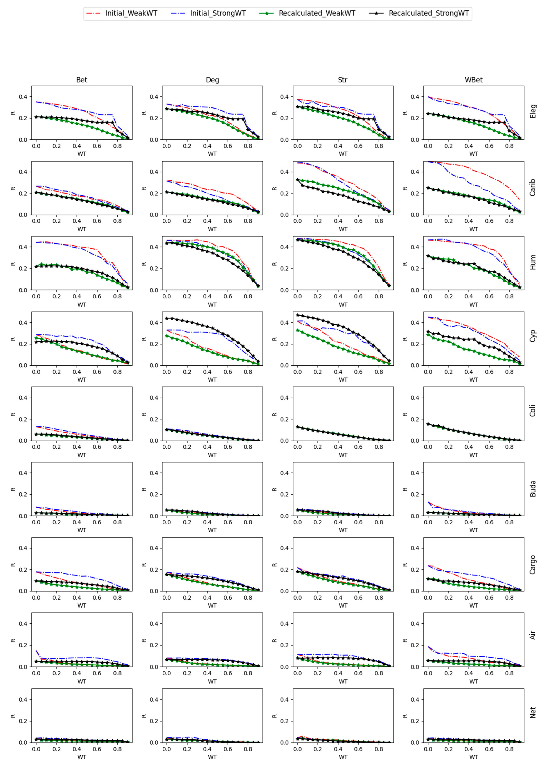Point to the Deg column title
tap(212, 80)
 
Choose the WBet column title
tap(474, 80)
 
